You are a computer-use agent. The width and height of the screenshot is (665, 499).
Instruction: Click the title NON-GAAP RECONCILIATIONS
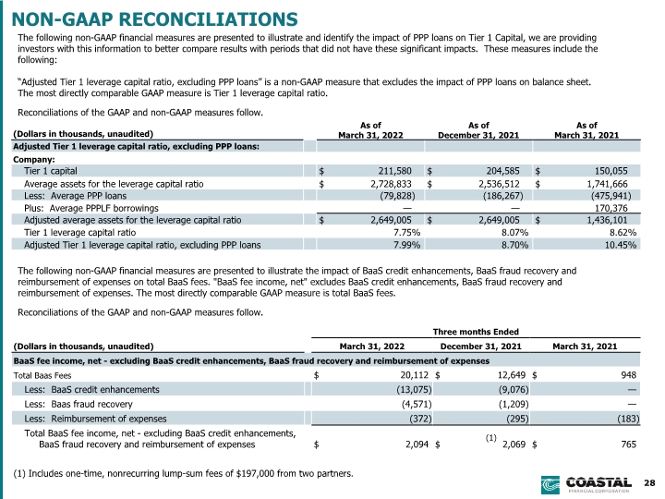[x=155, y=19]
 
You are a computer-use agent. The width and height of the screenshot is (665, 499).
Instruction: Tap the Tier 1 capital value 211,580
[x=395, y=171]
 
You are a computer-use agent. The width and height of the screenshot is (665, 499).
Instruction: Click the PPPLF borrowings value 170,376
[x=611, y=208]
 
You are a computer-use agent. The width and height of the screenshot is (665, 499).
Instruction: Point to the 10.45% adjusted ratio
[x=621, y=245]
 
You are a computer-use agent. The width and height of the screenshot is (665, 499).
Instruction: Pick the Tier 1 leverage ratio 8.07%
[x=514, y=233]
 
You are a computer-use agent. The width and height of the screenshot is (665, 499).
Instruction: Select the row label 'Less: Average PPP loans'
[x=75, y=196]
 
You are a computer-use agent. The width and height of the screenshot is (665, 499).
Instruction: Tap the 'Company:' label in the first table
[x=34, y=160]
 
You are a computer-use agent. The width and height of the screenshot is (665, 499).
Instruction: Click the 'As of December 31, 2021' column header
[x=478, y=130]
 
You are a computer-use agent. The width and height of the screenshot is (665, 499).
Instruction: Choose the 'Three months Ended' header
[x=476, y=332]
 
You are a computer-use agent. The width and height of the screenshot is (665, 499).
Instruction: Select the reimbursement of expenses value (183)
[x=628, y=419]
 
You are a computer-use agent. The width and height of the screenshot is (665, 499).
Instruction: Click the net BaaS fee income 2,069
[x=514, y=444]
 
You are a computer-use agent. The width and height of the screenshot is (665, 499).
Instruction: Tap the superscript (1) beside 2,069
[x=490, y=438]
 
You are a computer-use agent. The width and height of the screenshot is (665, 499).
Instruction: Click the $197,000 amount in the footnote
[x=254, y=473]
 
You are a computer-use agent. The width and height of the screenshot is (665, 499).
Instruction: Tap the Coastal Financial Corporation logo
[x=586, y=485]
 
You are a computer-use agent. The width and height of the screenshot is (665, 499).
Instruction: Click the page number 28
[x=649, y=483]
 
